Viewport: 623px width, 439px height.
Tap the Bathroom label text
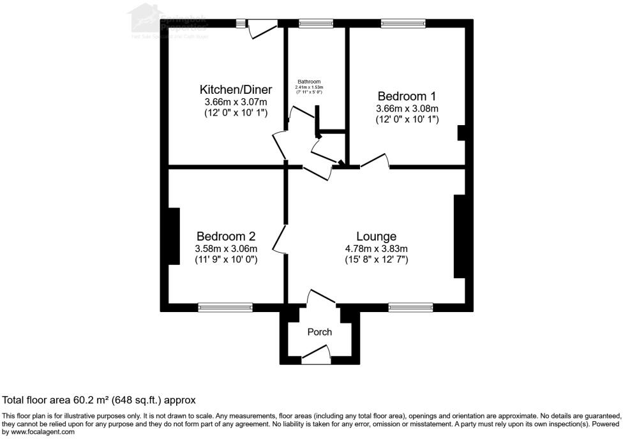point(309,82)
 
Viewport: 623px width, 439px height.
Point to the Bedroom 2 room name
point(226,237)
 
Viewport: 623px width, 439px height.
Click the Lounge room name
point(377,237)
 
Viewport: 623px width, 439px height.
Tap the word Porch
point(320,332)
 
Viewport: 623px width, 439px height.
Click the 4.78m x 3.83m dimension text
point(377,249)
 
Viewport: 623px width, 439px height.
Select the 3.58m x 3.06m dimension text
point(226,249)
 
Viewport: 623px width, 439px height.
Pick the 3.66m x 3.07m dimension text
point(236,101)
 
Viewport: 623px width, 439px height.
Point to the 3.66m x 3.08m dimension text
point(408,108)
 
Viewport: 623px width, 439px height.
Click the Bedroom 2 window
point(225,308)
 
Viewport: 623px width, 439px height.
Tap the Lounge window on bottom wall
point(410,308)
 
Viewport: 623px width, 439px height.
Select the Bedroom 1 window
point(403,24)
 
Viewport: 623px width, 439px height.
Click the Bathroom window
point(316,24)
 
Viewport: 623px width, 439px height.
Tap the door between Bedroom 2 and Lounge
point(280,238)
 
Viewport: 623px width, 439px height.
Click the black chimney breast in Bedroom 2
point(173,236)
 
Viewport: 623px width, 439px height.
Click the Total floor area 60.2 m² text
point(99,400)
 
